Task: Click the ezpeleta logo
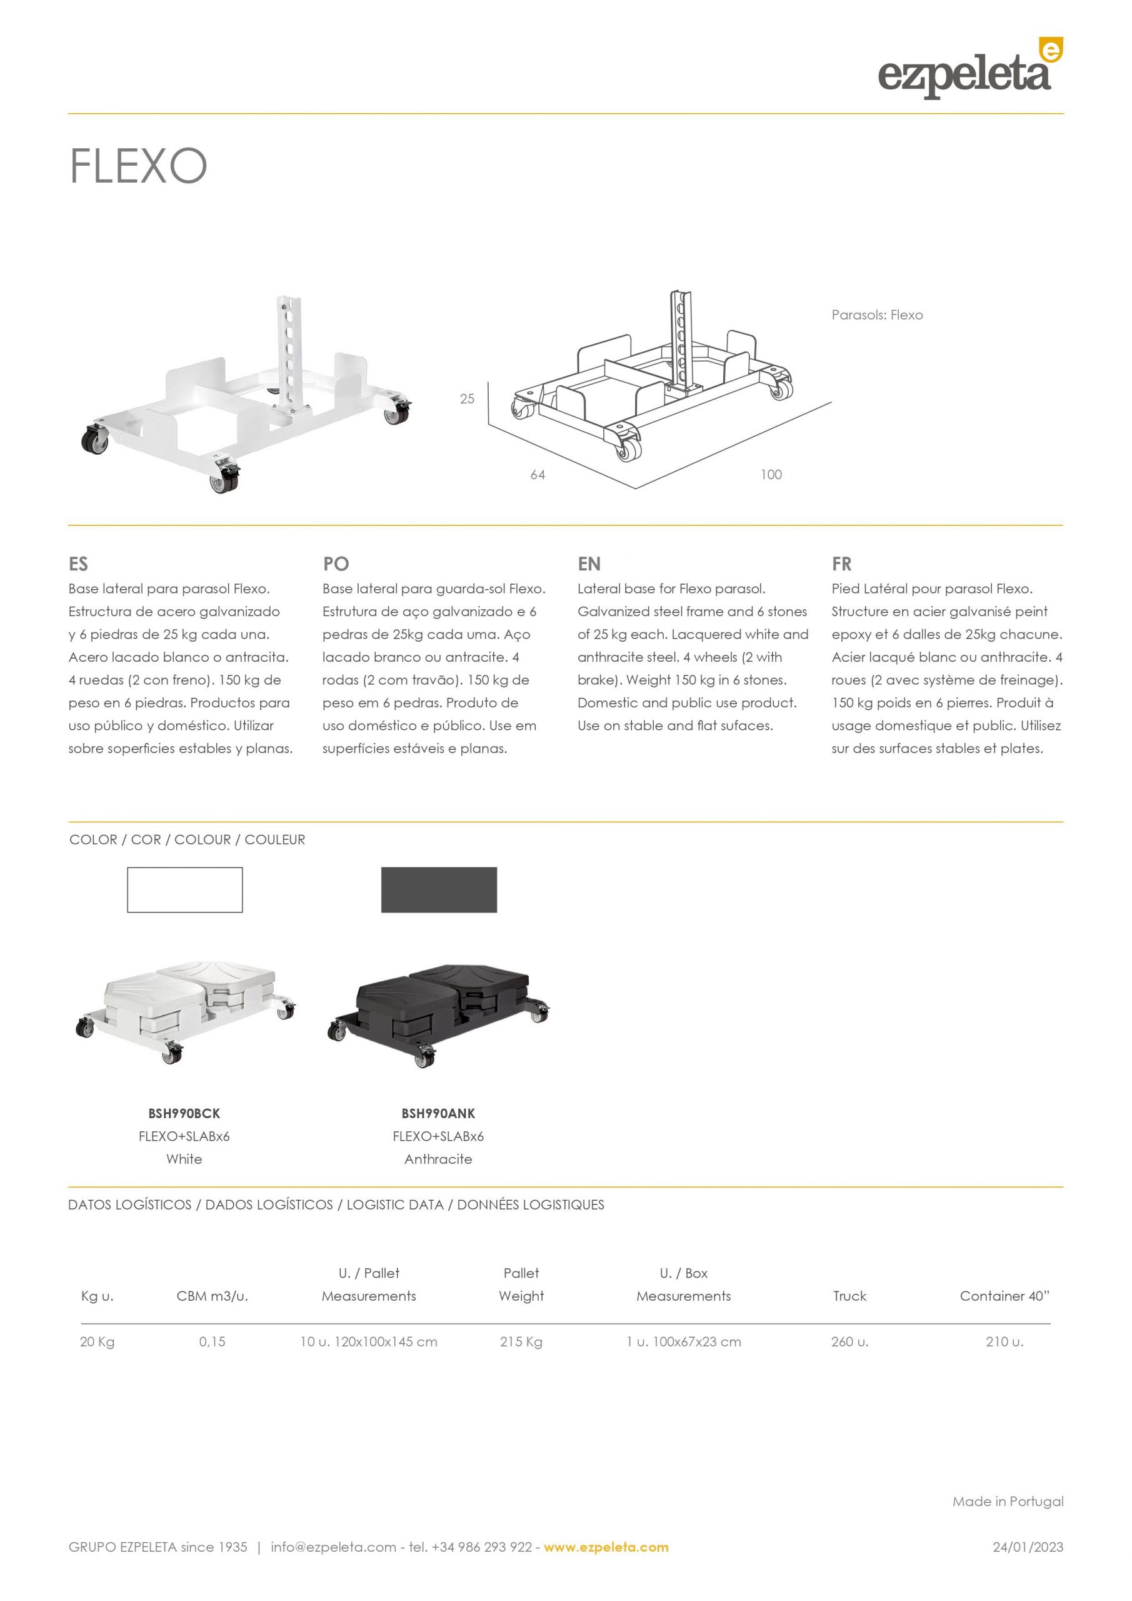click(969, 69)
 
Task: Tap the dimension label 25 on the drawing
click(466, 399)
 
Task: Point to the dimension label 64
click(538, 475)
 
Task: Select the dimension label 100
click(771, 475)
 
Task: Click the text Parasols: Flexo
click(877, 315)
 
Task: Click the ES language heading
click(78, 563)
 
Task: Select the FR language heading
click(841, 563)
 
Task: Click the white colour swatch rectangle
click(185, 890)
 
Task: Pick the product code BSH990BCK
click(184, 1114)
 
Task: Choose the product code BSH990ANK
click(438, 1114)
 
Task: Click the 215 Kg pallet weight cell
click(521, 1341)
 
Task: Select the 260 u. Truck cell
click(849, 1341)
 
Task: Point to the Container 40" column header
click(1004, 1296)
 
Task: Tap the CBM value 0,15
click(212, 1341)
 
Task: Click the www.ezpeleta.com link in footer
click(606, 1547)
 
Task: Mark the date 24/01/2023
click(1028, 1547)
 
